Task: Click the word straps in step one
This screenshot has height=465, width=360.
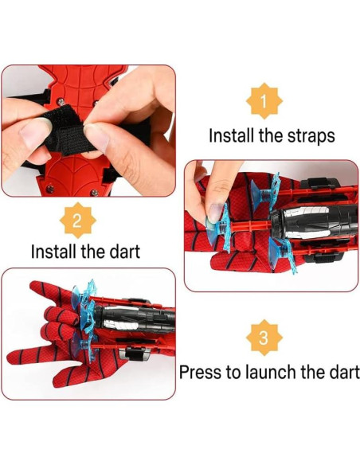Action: click(x=306, y=135)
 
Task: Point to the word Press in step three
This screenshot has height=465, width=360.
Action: click(x=199, y=373)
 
